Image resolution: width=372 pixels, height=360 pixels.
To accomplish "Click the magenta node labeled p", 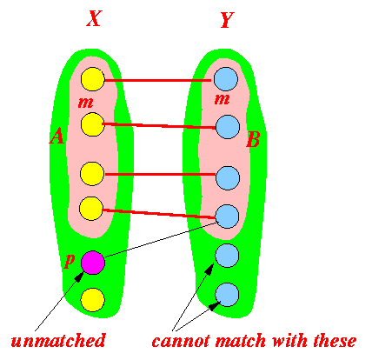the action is click(x=93, y=263).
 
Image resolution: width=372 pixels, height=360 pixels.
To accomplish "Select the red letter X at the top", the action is click(x=95, y=19).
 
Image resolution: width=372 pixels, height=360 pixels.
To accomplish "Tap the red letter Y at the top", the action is click(x=227, y=20).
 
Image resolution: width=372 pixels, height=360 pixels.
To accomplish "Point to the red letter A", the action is click(x=57, y=136).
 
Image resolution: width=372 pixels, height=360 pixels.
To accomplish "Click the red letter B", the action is click(x=254, y=139).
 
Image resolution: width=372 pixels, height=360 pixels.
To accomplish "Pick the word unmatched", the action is click(x=58, y=340).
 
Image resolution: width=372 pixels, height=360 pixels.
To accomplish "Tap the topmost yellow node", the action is click(x=93, y=79).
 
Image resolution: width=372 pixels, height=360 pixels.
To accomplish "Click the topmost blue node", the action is click(x=226, y=79).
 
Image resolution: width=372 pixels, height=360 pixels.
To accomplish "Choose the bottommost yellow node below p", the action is click(x=93, y=300).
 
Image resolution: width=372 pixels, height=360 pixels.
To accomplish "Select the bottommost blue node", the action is click(x=227, y=295).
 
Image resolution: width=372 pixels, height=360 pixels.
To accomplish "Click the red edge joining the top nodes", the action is click(x=158, y=80).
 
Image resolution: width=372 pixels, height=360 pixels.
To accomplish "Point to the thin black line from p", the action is click(x=161, y=240).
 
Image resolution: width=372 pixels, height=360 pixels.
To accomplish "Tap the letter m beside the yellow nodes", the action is click(x=86, y=103).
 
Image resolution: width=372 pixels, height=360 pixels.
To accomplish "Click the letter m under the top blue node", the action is click(x=223, y=99).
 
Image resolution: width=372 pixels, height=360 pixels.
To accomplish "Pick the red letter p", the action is click(x=69, y=260).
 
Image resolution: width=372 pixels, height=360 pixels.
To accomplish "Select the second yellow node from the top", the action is click(x=93, y=124).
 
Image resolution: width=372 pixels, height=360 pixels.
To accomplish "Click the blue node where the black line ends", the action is click(x=228, y=217).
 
